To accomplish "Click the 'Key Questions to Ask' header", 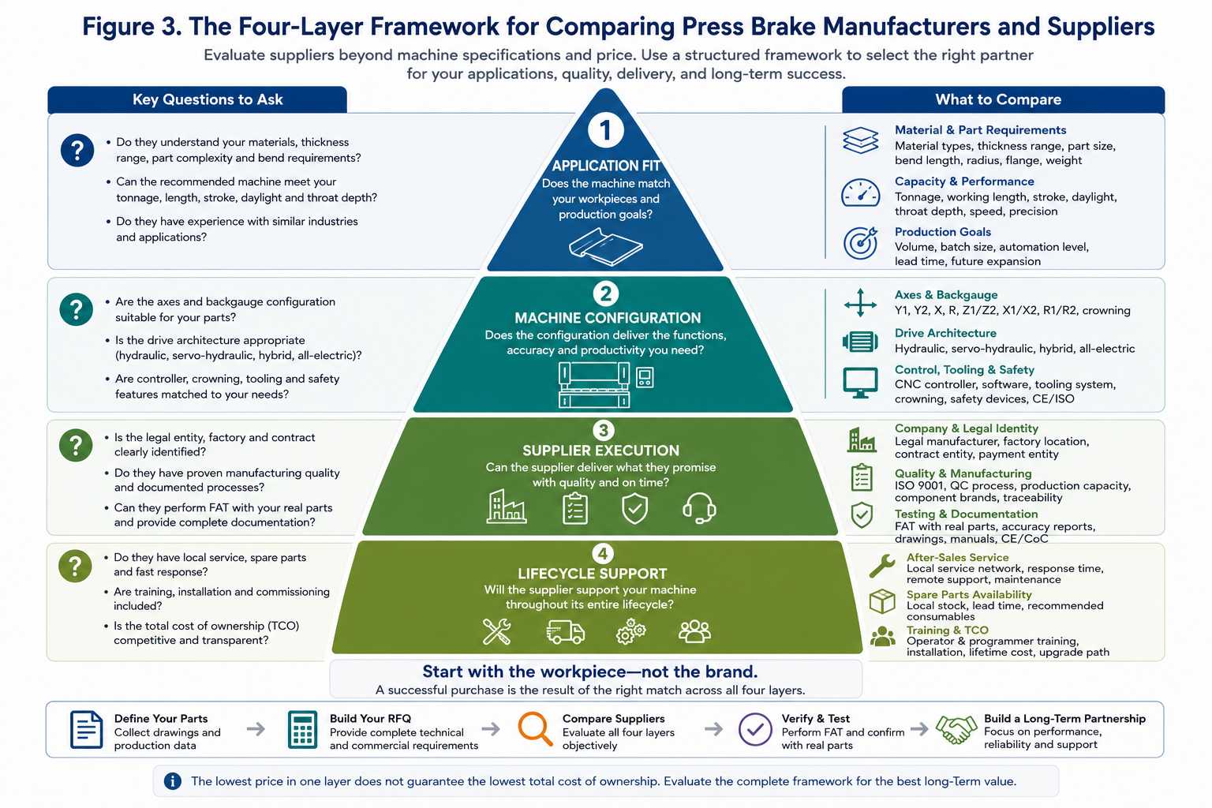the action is pos(208,99).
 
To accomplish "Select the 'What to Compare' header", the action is pos(998,99).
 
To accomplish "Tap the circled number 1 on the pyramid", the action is pos(605,130).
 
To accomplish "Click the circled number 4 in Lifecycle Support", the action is pos(603,554).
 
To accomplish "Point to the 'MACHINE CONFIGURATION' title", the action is pos(608,318).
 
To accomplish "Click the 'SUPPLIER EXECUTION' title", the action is pos(600,451).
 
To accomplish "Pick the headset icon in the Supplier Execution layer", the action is pos(699,508).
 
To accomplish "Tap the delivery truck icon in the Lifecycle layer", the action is pos(566,632).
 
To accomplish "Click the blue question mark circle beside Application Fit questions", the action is pos(77,150).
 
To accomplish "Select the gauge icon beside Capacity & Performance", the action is pos(860,193).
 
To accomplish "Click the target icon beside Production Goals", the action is pos(860,243).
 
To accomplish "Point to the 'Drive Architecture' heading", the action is pos(945,333).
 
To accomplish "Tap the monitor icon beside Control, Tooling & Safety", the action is pos(860,383).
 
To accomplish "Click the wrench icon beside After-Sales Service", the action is pos(882,566).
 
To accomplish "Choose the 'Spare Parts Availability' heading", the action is pos(969,594).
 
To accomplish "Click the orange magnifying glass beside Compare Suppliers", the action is pos(535,729).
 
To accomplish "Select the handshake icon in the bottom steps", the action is pos(956,729).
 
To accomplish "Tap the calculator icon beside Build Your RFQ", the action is pos(302,730).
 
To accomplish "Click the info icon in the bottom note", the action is pos(173,781).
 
